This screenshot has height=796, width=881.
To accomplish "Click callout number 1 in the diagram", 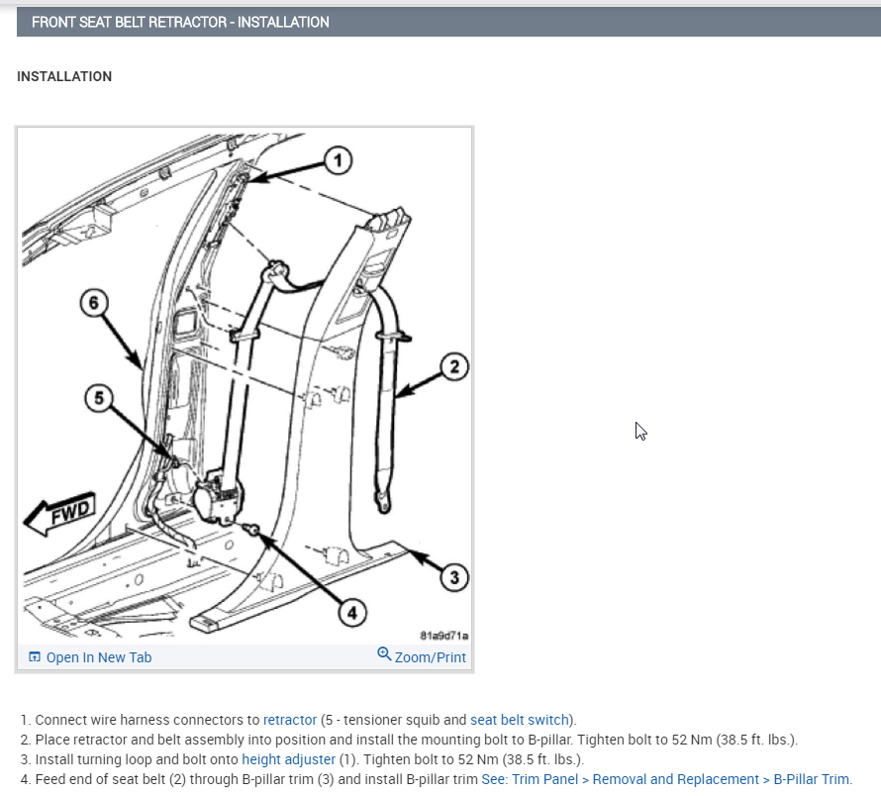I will tap(338, 160).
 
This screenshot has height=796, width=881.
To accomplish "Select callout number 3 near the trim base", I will tap(453, 576).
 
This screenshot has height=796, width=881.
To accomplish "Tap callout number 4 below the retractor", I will tap(350, 613).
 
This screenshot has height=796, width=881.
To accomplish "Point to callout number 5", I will tap(98, 398).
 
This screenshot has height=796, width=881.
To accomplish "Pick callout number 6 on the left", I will tap(93, 303).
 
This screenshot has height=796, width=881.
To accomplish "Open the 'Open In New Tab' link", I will tap(98, 657).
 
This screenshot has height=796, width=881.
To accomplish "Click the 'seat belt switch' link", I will tap(520, 720).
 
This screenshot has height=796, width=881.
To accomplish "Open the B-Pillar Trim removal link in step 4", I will tap(665, 779).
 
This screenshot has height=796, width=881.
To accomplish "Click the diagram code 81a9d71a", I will tap(444, 636).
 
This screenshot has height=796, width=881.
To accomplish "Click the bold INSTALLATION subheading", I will tap(64, 76).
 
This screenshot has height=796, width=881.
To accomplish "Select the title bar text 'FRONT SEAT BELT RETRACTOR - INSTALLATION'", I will tap(180, 22).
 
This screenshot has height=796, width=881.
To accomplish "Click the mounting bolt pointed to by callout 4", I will tap(253, 533).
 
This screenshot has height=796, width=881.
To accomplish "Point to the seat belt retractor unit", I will tap(218, 496).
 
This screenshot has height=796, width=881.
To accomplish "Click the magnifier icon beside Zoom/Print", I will tap(385, 654).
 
